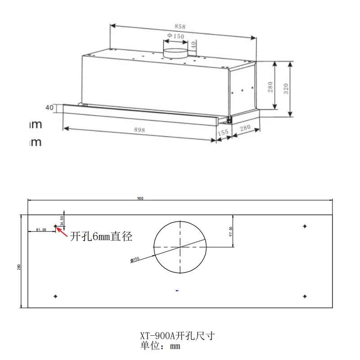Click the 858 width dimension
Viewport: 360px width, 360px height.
tap(179, 27)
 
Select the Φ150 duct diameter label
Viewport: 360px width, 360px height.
tap(175, 36)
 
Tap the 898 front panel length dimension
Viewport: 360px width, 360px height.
tap(139, 130)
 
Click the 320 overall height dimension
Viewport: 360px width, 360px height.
tap(286, 89)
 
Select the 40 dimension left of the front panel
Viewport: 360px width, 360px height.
tap(49, 108)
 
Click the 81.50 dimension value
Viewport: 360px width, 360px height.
tap(40, 230)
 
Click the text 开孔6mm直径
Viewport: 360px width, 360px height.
tap(101, 236)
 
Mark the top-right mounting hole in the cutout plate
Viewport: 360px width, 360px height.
tap(305, 225)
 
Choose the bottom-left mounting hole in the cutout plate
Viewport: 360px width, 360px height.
tap(55, 296)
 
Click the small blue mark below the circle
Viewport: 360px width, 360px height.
tap(177, 291)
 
